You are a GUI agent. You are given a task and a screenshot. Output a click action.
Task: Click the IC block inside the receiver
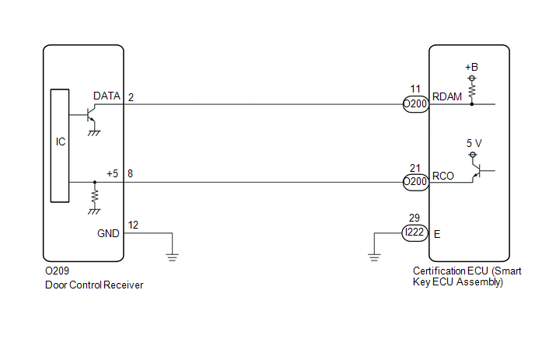tap(60, 145)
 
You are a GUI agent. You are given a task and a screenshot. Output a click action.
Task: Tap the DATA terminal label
tap(107, 96)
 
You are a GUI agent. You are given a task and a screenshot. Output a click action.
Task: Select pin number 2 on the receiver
tap(131, 98)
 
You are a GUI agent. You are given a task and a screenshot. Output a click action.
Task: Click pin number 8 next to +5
tap(130, 173)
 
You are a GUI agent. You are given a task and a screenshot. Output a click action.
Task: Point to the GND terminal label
tap(108, 233)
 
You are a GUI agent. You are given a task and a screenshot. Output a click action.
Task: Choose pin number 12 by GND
tap(133, 225)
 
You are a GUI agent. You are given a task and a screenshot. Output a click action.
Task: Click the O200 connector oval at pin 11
tap(415, 104)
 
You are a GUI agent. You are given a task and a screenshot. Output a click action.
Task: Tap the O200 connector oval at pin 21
tap(415, 182)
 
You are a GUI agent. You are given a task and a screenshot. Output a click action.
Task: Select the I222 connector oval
tap(414, 232)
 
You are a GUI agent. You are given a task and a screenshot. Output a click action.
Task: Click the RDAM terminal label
tap(447, 97)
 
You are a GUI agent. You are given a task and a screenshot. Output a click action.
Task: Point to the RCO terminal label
tap(443, 176)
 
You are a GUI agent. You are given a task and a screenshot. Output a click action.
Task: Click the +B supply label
tap(471, 67)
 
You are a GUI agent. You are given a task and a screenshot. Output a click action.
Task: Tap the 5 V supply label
tap(474, 143)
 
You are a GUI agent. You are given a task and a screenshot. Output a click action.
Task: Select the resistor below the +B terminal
tap(472, 91)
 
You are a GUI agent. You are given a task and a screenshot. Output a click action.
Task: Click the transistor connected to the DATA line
tap(90, 115)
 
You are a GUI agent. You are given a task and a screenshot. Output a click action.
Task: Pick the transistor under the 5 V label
tap(477, 171)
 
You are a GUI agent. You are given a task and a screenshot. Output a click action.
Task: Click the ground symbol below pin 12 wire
tap(173, 257)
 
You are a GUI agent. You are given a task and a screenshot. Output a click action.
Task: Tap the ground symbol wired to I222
tap(374, 257)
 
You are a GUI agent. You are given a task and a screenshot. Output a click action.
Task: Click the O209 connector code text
tap(57, 271)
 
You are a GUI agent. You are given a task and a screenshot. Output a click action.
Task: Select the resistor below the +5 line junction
tap(95, 196)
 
